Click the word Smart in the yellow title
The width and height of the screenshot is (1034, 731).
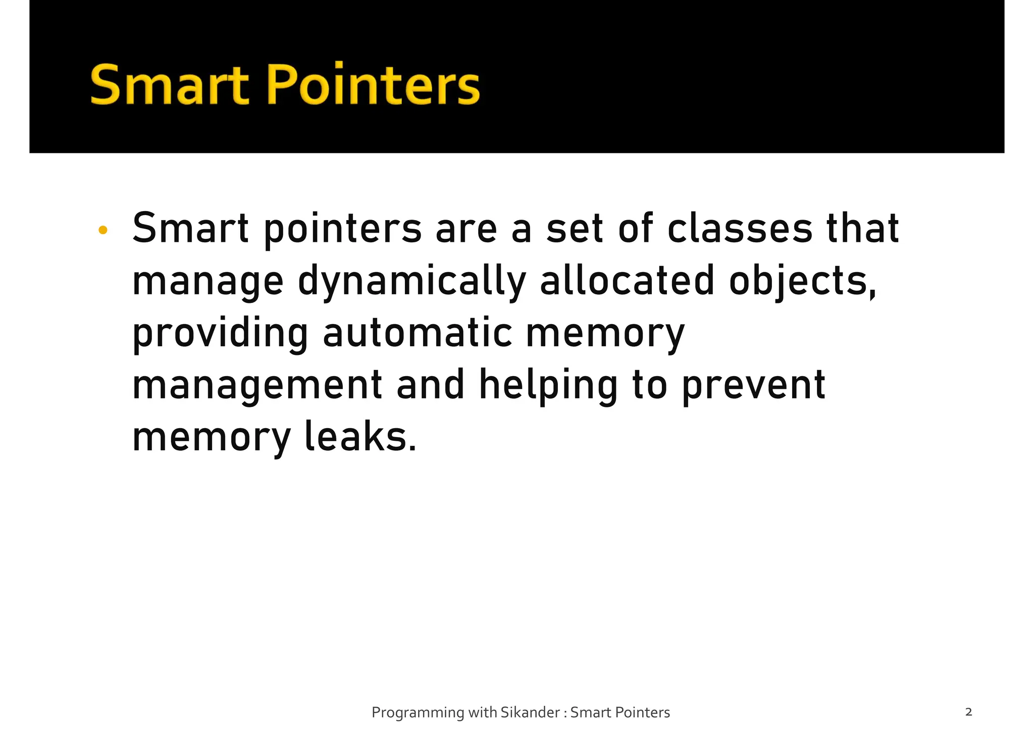pyautogui.click(x=170, y=85)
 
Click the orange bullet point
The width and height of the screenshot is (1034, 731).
pyautogui.click(x=103, y=231)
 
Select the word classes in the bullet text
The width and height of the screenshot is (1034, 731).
pyautogui.click(x=740, y=229)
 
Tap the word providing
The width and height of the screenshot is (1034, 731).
pyautogui.click(x=220, y=334)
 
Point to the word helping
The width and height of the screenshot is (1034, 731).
pyautogui.click(x=548, y=386)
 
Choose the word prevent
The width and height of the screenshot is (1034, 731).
pyautogui.click(x=753, y=386)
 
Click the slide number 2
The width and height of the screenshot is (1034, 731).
pyautogui.click(x=968, y=712)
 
